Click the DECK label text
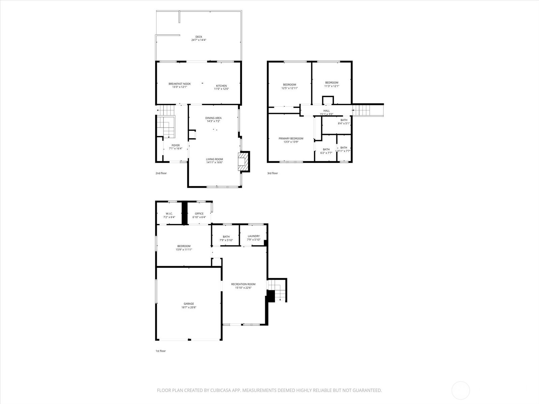pos(199,37)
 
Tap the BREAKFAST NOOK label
pos(180,84)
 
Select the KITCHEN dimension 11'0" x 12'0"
pos(221,89)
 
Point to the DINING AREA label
pos(214,118)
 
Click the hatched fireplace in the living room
pos(243,162)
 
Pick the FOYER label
pos(176,145)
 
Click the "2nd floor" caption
pos(161,173)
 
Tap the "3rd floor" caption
pos(273,173)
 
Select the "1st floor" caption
pos(160,351)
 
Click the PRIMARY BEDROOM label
pos(291,138)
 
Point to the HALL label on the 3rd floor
pos(326,111)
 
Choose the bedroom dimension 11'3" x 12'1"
pos(331,86)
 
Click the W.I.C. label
pos(169,214)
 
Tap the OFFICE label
pos(199,214)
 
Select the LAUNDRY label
pos(254,236)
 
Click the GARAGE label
pos(189,304)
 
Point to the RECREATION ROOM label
pos(243,284)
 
